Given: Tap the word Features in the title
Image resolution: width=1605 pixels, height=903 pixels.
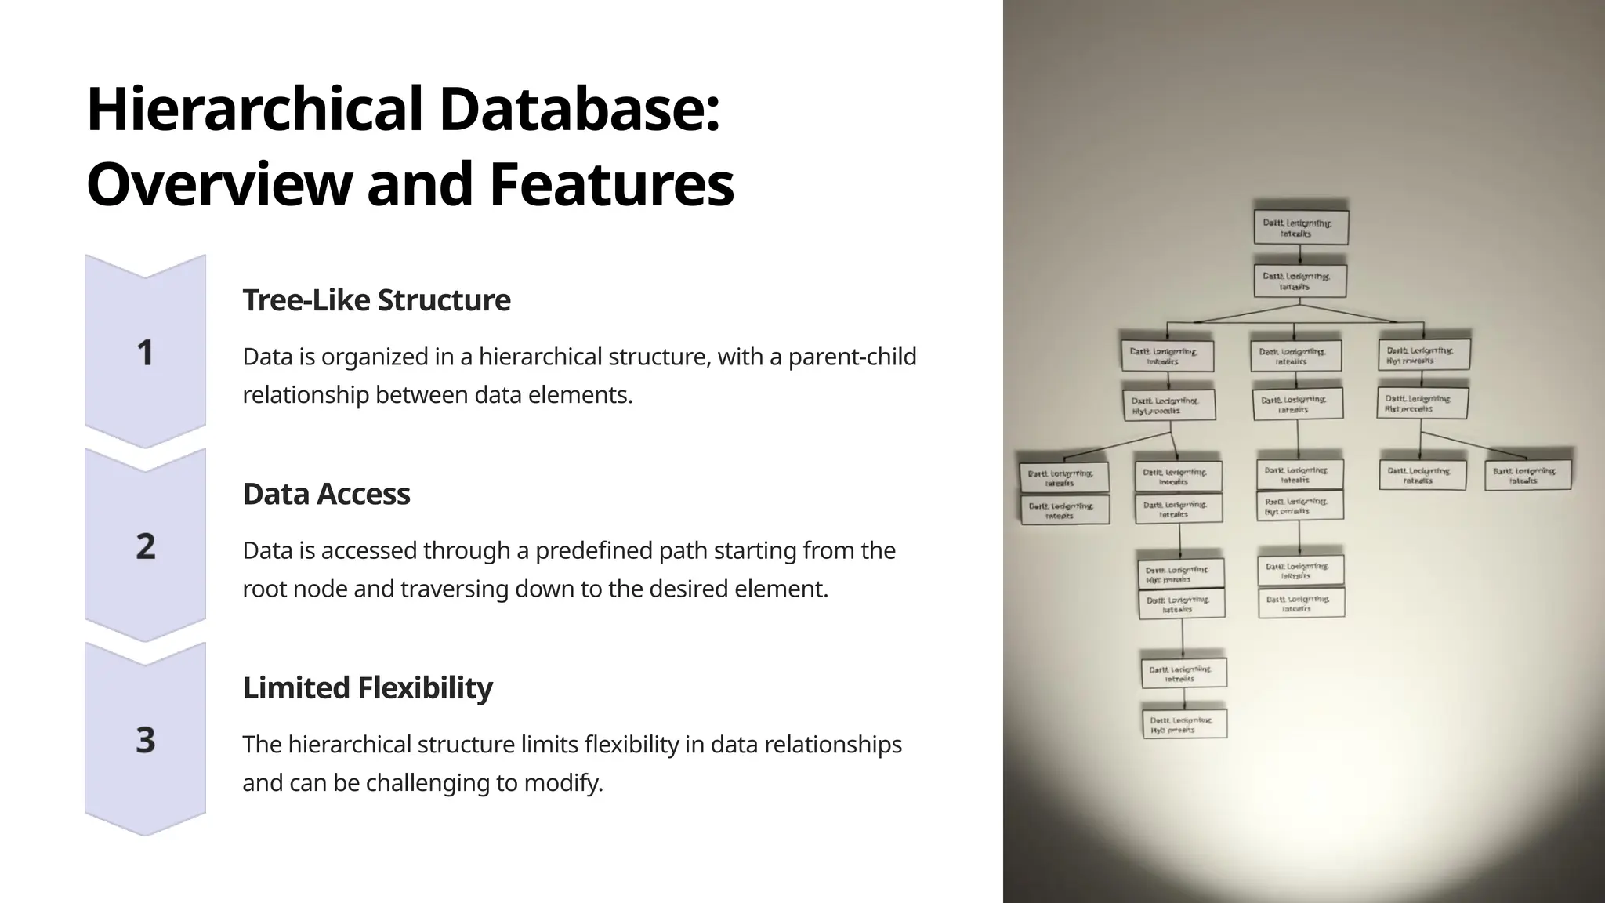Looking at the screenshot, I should click(611, 185).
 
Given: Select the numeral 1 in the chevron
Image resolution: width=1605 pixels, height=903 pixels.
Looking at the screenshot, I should click(145, 353).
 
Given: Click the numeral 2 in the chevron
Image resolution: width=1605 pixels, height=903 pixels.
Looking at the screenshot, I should click(146, 546).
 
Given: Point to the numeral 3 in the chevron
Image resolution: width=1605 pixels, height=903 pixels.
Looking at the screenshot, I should click(146, 740).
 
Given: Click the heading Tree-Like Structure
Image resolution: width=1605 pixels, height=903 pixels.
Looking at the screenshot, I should click(376, 300).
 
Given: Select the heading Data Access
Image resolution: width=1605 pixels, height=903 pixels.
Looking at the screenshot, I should click(326, 494).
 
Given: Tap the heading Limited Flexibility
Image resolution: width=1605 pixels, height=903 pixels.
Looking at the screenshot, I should click(368, 687).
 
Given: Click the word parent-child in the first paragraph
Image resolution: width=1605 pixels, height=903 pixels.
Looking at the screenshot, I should click(852, 357).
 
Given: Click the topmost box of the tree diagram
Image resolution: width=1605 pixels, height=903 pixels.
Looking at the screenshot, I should click(1301, 227).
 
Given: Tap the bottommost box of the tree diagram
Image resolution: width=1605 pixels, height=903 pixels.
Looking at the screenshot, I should click(1184, 723).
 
